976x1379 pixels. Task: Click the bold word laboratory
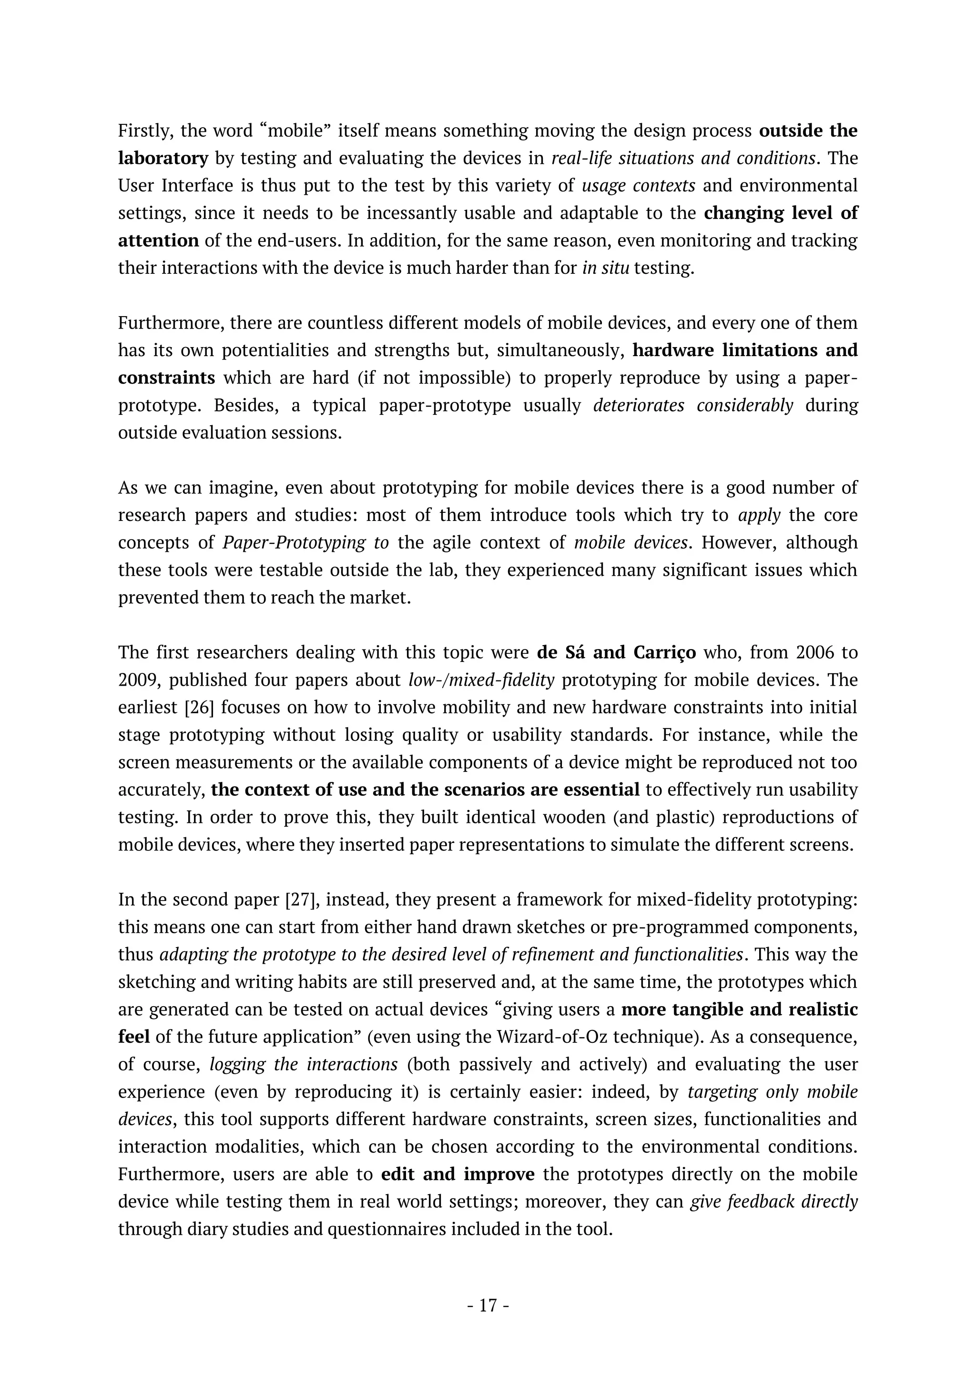point(163,159)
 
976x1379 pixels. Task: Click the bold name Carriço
point(661,652)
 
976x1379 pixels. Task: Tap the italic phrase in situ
point(605,268)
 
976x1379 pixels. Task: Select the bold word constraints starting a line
point(166,378)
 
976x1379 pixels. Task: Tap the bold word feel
point(133,1037)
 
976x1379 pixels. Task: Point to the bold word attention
point(158,241)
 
